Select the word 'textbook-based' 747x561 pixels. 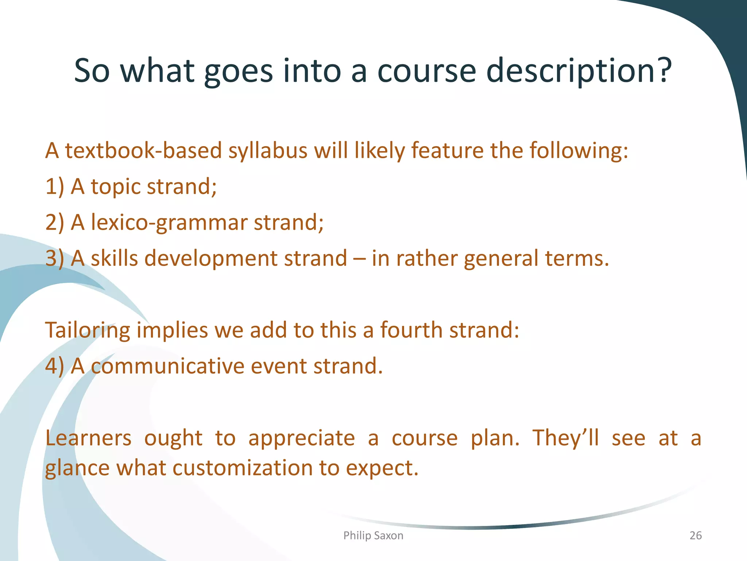143,150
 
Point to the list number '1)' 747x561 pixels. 55,187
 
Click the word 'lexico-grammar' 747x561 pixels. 169,223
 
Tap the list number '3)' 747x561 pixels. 55,259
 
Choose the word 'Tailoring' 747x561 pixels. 88,331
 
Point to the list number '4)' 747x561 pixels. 55,366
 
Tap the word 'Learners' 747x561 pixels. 88,438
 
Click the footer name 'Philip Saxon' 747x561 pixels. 373,535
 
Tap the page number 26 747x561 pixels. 695,535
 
